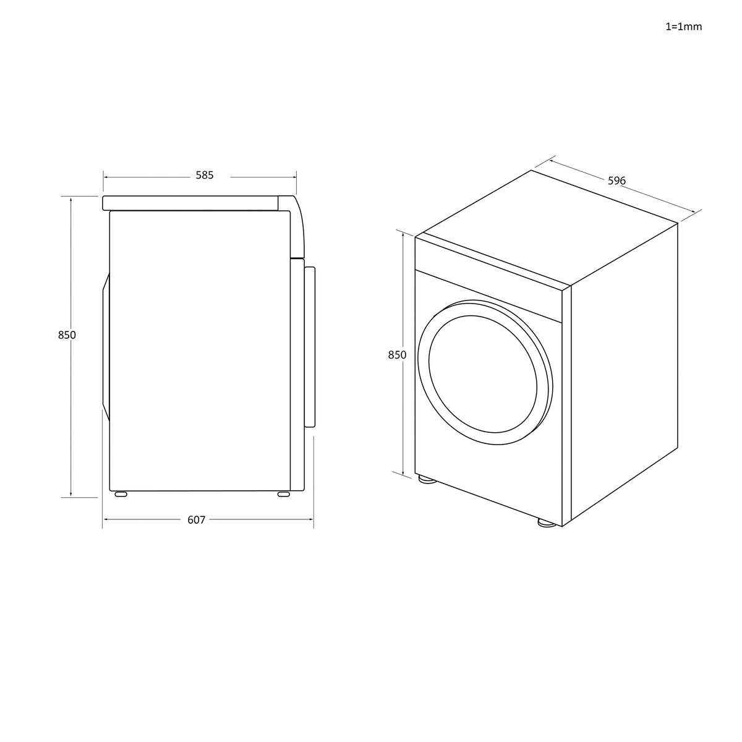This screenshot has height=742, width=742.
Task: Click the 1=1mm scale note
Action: click(x=683, y=27)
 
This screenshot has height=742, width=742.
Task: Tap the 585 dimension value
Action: click(x=205, y=176)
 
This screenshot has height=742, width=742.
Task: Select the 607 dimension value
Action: click(x=196, y=520)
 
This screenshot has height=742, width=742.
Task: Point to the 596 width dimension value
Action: click(x=616, y=181)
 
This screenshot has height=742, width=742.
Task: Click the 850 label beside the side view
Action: click(x=67, y=335)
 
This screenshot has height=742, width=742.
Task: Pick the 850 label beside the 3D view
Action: click(x=397, y=355)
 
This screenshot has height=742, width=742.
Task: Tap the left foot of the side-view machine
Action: click(x=121, y=494)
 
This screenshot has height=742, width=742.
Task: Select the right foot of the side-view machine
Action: click(x=283, y=494)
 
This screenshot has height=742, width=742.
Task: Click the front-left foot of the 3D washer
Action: click(x=426, y=480)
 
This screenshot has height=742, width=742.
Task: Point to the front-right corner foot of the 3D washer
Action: click(x=545, y=523)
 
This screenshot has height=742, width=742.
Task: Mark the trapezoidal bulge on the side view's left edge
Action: click(x=106, y=347)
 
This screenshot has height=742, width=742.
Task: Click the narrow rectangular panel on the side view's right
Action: click(x=310, y=346)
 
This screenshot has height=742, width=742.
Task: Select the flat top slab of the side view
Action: click(x=192, y=203)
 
